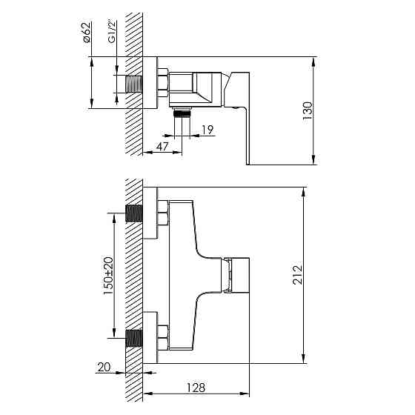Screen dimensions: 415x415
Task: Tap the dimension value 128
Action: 195,387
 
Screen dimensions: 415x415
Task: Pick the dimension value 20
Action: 103,365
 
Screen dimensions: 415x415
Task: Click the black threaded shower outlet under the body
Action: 182,114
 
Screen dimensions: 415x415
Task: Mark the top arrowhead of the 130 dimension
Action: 316,59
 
